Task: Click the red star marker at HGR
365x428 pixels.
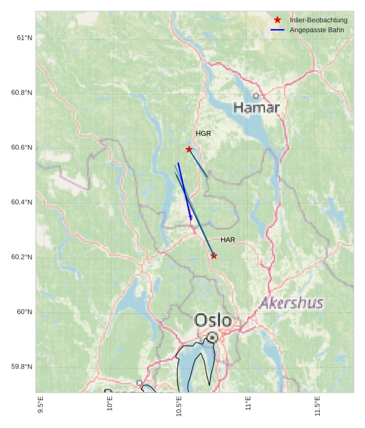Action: [189, 149]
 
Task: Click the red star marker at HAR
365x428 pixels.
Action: [214, 256]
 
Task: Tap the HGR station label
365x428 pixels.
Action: [203, 134]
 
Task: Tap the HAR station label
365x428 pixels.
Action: [227, 240]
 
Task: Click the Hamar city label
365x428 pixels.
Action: [257, 108]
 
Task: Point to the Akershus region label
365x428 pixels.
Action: [291, 304]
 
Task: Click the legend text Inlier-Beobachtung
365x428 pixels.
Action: [319, 20]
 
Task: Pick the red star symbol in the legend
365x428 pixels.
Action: [278, 20]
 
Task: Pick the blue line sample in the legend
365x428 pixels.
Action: [278, 30]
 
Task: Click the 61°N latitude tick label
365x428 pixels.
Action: [24, 38]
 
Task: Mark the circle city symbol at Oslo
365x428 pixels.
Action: [212, 337]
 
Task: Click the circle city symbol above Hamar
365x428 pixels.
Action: [256, 96]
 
